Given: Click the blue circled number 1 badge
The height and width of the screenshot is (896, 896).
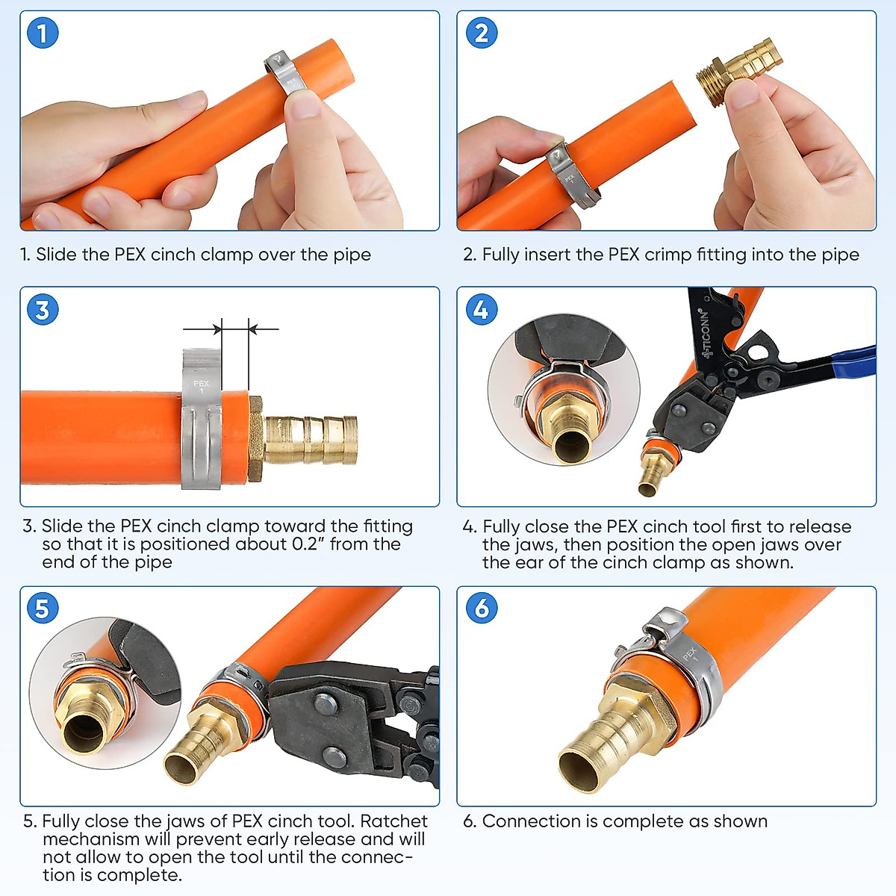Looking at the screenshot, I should click(43, 33).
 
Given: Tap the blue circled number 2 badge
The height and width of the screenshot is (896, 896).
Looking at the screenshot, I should click(482, 33).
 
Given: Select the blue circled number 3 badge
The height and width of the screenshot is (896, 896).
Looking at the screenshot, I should click(43, 310).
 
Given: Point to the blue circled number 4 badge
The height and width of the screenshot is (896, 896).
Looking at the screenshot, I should click(482, 309).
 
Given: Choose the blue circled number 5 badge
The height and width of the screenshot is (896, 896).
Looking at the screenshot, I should click(43, 608).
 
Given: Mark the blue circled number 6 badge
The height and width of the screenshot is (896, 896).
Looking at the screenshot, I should click(482, 608).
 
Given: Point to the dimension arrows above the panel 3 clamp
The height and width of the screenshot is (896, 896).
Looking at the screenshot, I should click(231, 329).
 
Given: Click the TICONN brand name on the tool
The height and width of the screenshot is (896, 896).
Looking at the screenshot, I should click(706, 332).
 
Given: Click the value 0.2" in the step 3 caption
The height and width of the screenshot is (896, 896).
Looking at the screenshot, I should click(305, 544).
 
